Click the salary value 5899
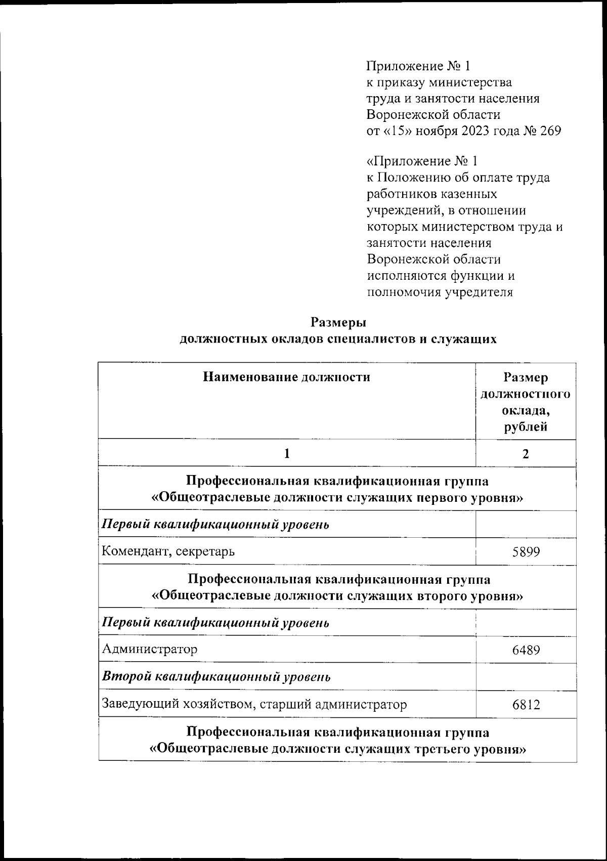pyautogui.click(x=526, y=551)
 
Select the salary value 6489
pyautogui.click(x=526, y=649)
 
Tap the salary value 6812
pyautogui.click(x=526, y=704)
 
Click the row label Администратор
pyautogui.click(x=150, y=649)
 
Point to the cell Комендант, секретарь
pyautogui.click(x=168, y=551)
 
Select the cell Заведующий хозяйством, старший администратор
pyautogui.click(x=254, y=704)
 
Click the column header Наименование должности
pyautogui.click(x=286, y=377)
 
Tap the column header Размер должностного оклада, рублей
pyautogui.click(x=526, y=402)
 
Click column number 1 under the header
pyautogui.click(x=287, y=454)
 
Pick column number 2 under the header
pyautogui.click(x=526, y=454)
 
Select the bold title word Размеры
pyautogui.click(x=338, y=322)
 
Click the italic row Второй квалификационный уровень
pyautogui.click(x=216, y=676)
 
